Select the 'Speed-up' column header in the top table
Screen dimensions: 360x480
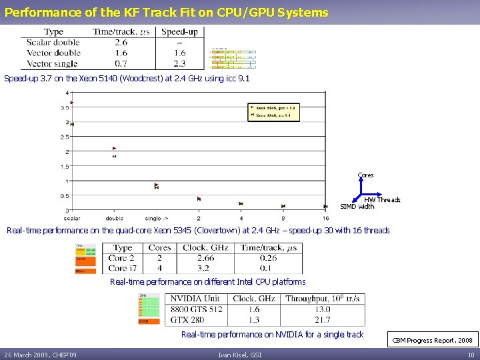click(x=179, y=31)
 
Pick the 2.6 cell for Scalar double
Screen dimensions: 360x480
click(x=121, y=42)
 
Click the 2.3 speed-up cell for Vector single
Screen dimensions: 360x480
click(x=179, y=64)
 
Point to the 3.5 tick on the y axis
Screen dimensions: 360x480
click(x=65, y=107)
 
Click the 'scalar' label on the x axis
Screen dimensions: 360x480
click(x=72, y=218)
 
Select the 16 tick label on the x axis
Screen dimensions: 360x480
click(x=325, y=218)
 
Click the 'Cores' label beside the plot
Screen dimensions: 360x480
click(x=365, y=175)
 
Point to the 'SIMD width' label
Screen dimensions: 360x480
click(x=357, y=207)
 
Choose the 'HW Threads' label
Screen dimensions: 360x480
click(x=382, y=200)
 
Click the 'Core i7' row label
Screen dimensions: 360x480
click(x=122, y=268)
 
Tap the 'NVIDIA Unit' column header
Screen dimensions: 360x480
click(x=195, y=299)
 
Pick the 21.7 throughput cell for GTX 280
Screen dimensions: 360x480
click(x=323, y=320)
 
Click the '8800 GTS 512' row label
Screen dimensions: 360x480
click(x=196, y=309)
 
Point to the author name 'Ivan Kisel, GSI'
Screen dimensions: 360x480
click(x=240, y=355)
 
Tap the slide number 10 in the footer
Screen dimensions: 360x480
click(x=471, y=355)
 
